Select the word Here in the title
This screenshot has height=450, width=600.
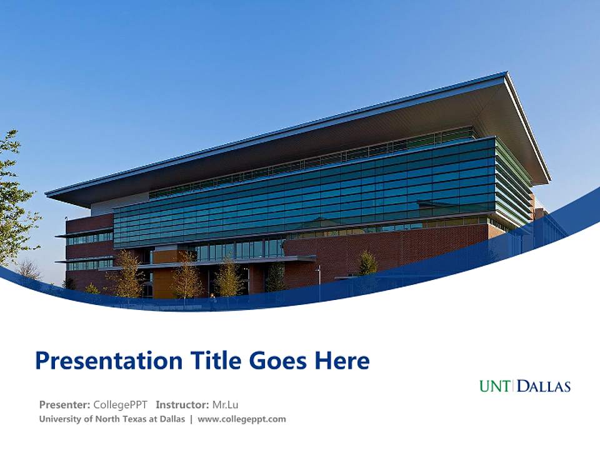pyautogui.click(x=341, y=361)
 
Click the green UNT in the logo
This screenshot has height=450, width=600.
pyautogui.click(x=495, y=386)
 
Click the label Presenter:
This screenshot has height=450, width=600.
pyautogui.click(x=65, y=404)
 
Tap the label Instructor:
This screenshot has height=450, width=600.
pyautogui.click(x=182, y=404)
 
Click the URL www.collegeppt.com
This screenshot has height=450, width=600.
pyautogui.click(x=242, y=419)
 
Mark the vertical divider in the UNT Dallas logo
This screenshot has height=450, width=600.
pyautogui.click(x=514, y=386)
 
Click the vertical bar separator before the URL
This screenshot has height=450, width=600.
pyautogui.click(x=191, y=419)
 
